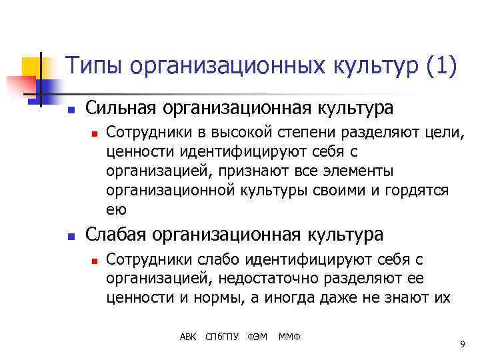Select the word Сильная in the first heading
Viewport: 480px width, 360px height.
point(117,108)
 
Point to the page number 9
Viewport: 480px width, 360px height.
point(462,344)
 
